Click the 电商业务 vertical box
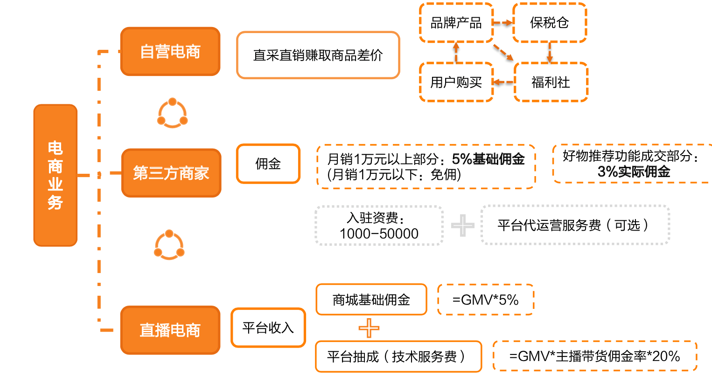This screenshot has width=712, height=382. [x=55, y=175]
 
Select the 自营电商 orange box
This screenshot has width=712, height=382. [x=170, y=52]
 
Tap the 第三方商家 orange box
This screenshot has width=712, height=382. [x=171, y=173]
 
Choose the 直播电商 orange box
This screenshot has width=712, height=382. [x=170, y=330]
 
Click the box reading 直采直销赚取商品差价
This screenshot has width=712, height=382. [x=318, y=55]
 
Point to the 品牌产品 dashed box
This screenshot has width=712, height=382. [x=456, y=23]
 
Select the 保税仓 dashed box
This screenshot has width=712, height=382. [x=549, y=23]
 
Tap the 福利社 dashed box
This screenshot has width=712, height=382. [x=551, y=82]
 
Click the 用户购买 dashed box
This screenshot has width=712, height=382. [x=456, y=82]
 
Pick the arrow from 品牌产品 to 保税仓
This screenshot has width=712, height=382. [x=503, y=23]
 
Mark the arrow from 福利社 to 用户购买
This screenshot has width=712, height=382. [x=503, y=82]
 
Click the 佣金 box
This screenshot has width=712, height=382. [x=268, y=164]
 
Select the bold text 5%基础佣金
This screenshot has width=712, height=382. [x=488, y=159]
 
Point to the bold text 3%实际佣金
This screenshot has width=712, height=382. [x=634, y=172]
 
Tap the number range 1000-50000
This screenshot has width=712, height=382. [x=379, y=233]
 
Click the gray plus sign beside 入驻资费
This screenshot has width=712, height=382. [x=462, y=225]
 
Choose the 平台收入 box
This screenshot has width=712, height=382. [x=268, y=327]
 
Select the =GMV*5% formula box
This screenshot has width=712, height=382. [x=485, y=300]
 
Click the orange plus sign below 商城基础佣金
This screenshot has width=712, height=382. [x=369, y=328]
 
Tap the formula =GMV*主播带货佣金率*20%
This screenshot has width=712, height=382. [x=594, y=356]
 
